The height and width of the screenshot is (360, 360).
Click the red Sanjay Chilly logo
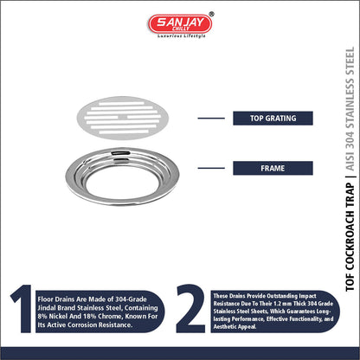click(x=180, y=23)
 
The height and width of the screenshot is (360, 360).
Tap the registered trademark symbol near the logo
click(x=212, y=14)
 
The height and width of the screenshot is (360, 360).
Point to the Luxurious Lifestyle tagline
click(x=182, y=36)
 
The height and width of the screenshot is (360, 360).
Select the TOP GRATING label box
click(x=273, y=119)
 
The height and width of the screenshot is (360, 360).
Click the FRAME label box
click(x=273, y=168)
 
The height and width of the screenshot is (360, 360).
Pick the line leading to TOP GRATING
click(x=211, y=119)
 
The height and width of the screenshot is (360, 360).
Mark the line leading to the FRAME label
click(x=211, y=168)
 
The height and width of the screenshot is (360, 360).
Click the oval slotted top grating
click(x=123, y=118)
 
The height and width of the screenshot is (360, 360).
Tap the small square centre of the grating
click(x=123, y=117)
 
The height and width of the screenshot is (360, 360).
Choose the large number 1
click(x=22, y=309)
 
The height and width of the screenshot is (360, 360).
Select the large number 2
click(x=191, y=309)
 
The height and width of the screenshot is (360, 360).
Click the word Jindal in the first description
click(x=47, y=308)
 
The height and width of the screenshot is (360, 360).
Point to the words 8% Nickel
click(x=51, y=316)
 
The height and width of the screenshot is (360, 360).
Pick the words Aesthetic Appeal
click(x=235, y=327)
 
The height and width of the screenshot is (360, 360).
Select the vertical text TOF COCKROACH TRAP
click(x=350, y=237)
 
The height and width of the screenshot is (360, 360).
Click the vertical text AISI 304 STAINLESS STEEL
click(x=350, y=109)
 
